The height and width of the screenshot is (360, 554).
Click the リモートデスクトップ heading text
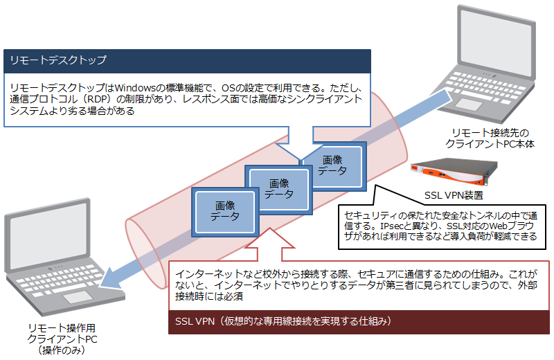(58, 60)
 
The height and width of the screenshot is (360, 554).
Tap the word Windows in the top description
(135, 88)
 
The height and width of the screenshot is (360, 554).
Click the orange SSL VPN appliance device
(454, 172)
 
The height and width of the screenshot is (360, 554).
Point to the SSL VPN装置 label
(454, 195)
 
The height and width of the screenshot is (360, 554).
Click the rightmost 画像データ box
(334, 166)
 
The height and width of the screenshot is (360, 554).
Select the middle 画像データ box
(279, 190)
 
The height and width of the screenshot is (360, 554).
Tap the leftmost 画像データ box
(225, 212)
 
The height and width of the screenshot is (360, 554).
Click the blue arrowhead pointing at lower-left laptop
(108, 279)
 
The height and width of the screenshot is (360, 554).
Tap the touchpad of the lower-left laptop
(78, 297)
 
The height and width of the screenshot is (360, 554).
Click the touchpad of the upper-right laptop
(469, 105)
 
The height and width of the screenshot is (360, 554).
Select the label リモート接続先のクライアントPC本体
(490, 138)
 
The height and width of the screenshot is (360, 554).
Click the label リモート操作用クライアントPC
(62, 334)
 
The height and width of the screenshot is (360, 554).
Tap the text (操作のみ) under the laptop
(62, 350)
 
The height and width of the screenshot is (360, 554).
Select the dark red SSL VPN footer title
(283, 321)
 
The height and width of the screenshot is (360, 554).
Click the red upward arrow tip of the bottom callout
(270, 228)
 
